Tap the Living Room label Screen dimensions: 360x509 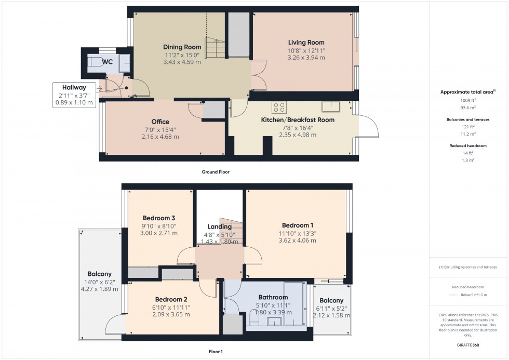306,43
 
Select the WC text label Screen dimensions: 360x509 108,62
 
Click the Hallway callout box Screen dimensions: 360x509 74,95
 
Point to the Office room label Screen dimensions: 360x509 160,122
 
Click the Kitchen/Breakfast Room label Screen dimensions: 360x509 297,120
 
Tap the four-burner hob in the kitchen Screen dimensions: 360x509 279,107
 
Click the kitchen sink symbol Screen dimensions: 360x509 330,106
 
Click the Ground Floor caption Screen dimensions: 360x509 215,172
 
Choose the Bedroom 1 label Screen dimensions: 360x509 298,225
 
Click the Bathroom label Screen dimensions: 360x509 272,298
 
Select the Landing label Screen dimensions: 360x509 219,227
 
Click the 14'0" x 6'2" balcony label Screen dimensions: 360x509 99,274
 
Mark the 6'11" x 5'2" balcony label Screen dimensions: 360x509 331,301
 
